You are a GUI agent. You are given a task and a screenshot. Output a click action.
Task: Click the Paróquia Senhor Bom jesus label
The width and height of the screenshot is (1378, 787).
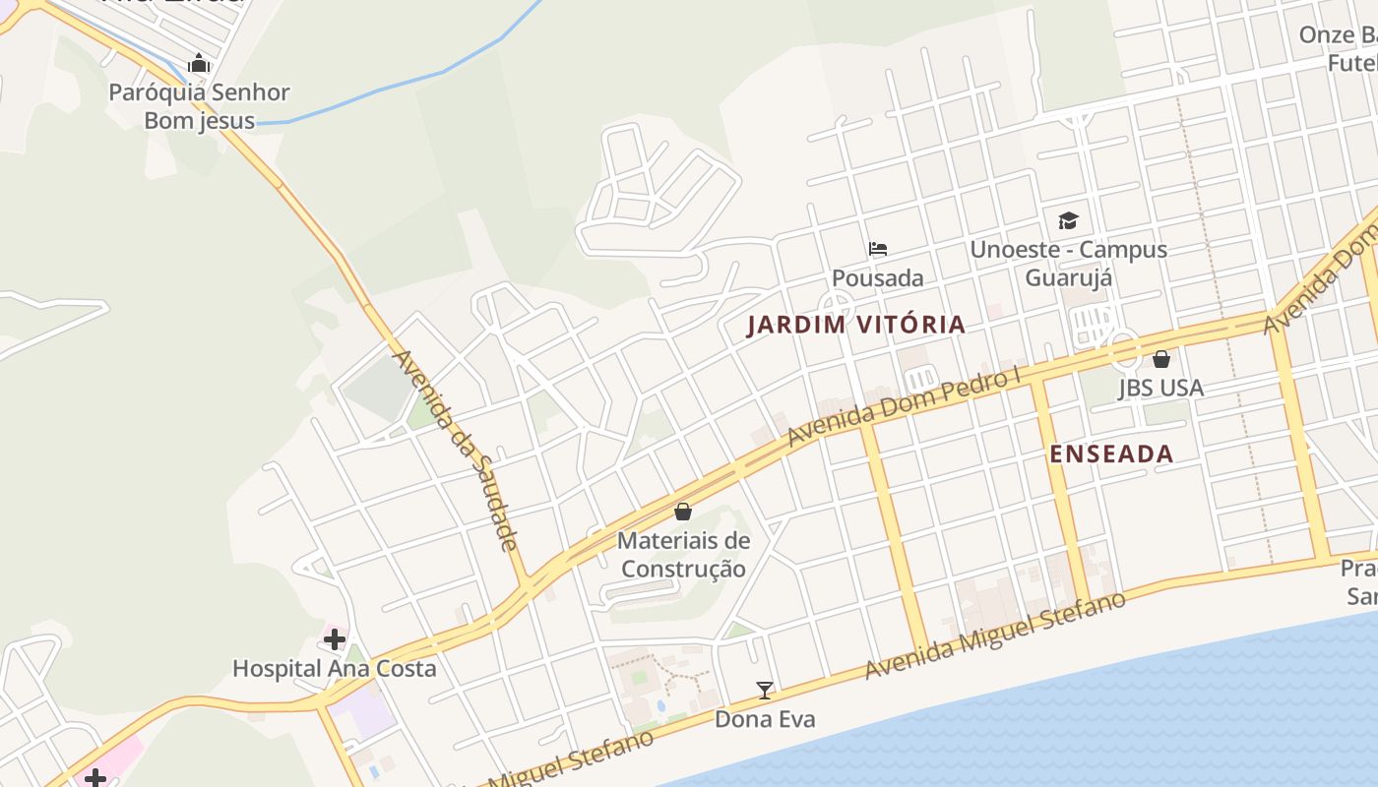point(199,106)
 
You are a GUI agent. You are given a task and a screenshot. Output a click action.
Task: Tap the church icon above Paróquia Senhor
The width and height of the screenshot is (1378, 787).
point(199,64)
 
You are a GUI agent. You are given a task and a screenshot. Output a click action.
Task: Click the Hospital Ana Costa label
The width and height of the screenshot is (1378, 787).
point(334,669)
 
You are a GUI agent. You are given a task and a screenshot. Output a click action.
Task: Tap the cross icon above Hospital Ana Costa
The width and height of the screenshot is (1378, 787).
point(335,639)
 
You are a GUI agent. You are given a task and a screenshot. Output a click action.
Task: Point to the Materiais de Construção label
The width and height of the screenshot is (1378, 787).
point(683,555)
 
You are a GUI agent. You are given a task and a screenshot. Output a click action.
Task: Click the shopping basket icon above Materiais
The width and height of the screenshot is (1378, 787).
point(683,512)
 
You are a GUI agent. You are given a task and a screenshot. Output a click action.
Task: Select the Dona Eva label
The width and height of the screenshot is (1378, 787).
point(765,719)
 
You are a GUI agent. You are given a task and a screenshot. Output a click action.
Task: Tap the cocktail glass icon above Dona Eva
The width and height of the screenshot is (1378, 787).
point(765,690)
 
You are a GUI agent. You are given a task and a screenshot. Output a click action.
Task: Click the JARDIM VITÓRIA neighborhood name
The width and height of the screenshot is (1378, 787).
point(856,325)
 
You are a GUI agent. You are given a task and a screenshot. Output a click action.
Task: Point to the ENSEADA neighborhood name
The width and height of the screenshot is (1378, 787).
point(1111,454)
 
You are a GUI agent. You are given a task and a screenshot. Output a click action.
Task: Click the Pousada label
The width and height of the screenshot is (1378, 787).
point(878,278)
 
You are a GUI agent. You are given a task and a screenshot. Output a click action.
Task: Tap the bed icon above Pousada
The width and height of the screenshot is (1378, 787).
point(878,249)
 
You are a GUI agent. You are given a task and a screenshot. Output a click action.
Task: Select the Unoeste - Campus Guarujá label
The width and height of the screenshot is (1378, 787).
point(1069,264)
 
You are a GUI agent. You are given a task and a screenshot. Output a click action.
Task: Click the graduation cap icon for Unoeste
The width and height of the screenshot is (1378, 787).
point(1069,220)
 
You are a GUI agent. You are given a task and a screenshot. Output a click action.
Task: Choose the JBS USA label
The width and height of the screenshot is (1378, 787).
point(1161,388)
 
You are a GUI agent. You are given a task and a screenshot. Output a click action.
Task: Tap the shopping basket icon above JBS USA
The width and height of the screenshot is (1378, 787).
point(1161,359)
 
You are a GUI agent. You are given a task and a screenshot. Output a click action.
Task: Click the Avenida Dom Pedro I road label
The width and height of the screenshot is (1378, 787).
point(904,407)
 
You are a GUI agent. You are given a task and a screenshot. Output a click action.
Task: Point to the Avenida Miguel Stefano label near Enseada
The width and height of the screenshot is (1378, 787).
point(994,635)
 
